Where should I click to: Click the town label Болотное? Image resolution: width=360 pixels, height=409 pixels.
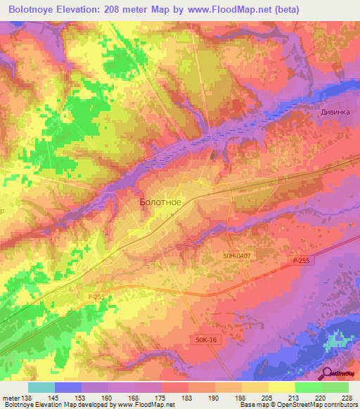pos(161,202)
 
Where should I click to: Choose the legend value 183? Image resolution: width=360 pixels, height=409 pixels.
pos(187,397)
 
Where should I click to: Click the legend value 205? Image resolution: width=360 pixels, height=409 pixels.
pos(267,397)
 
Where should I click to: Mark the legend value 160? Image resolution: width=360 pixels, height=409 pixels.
pos(107,397)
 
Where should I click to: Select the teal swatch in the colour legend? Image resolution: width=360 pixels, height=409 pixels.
pos(41,387)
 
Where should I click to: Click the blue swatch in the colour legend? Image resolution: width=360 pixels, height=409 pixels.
pos(67,387)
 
